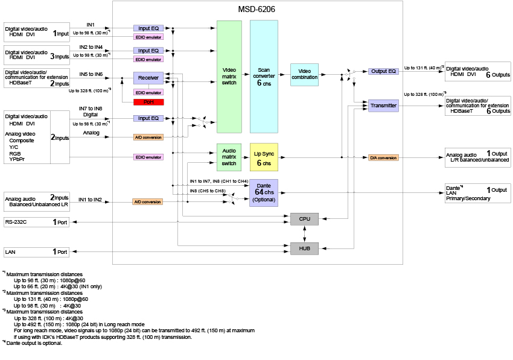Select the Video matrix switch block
coord(229,77)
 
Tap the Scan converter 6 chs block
coord(264,77)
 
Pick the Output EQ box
coord(383,71)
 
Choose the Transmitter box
coord(383,106)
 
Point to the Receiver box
coord(148,78)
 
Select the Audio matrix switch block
coord(229,157)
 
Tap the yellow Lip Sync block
coord(264,157)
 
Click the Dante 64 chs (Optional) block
coord(264,192)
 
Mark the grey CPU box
coord(305,218)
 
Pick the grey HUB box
coord(305,247)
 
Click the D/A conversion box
coord(383,157)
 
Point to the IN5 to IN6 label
coord(91,74)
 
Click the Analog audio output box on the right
coord(477,157)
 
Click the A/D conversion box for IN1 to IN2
coord(148,201)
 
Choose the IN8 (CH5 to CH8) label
coord(207,191)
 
